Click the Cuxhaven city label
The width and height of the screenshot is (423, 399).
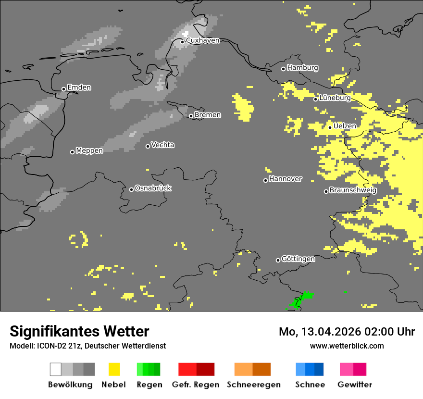[202, 40]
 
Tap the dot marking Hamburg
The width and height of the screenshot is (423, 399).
[283, 69]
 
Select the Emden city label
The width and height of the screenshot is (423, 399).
[79, 87]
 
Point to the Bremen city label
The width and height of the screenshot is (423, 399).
[208, 115]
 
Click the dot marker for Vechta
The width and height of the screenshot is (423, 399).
[148, 146]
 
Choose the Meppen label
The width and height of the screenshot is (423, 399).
[89, 151]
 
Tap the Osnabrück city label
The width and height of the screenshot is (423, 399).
[153, 188]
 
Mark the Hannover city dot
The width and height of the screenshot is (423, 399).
[265, 180]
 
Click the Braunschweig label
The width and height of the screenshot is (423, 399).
[353, 190]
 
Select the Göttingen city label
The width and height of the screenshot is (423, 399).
[298, 259]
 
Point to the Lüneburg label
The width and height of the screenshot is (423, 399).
[335, 98]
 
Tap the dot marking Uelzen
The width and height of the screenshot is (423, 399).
[330, 127]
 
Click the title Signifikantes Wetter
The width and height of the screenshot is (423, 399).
[79, 331]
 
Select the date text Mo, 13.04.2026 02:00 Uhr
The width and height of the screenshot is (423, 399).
[347, 332]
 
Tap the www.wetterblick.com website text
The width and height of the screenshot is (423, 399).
[347, 346]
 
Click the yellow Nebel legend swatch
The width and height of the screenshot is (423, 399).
[114, 369]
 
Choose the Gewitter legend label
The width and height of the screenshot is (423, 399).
[354, 385]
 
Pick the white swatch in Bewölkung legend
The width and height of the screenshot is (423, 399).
[56, 369]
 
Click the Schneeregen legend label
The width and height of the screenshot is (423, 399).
[253, 385]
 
